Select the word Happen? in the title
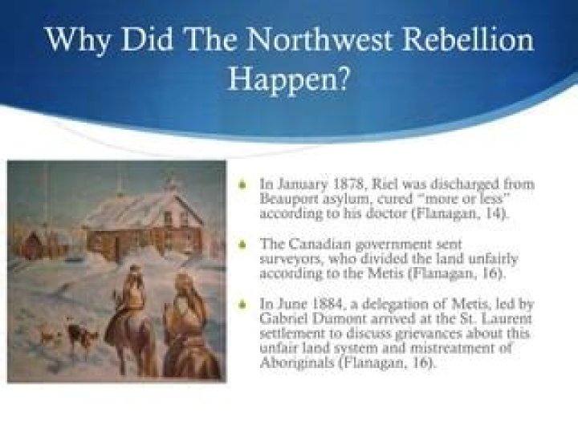pos(289,79)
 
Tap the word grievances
pos(429,334)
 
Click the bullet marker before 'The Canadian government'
pos(242,244)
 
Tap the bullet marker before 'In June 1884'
pos(242,305)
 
